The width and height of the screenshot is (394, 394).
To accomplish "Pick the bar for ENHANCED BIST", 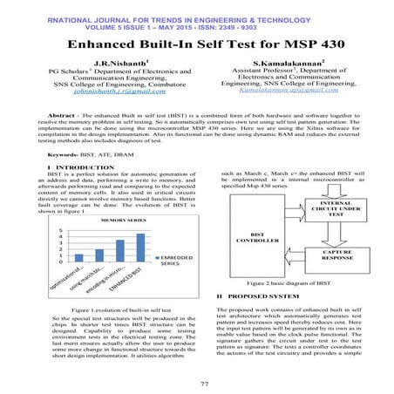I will [139, 248].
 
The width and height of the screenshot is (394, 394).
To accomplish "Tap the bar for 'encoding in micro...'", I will [119, 251].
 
